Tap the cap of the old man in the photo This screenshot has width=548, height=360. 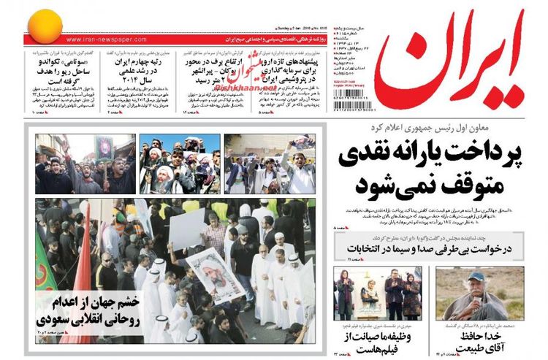pos(476,277)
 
